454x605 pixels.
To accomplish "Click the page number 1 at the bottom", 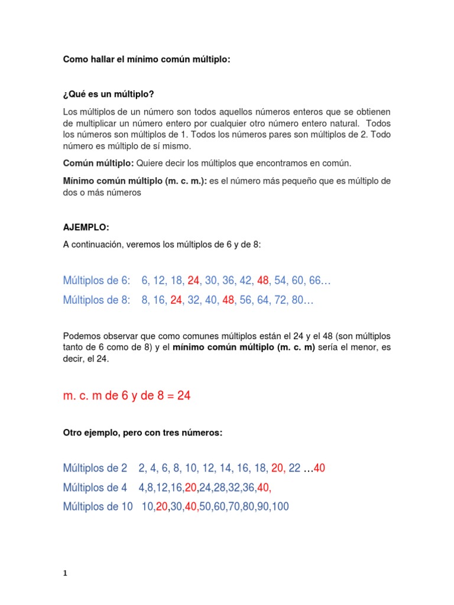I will (65, 573).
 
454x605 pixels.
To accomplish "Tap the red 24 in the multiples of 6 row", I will (193, 281).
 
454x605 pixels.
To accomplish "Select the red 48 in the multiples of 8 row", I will (229, 300).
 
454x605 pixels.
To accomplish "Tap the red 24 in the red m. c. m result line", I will (184, 396).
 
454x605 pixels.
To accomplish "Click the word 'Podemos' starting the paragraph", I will (80, 336).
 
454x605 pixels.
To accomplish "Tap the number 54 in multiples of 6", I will (280, 281).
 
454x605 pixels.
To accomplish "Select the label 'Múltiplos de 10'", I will (98, 507).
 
